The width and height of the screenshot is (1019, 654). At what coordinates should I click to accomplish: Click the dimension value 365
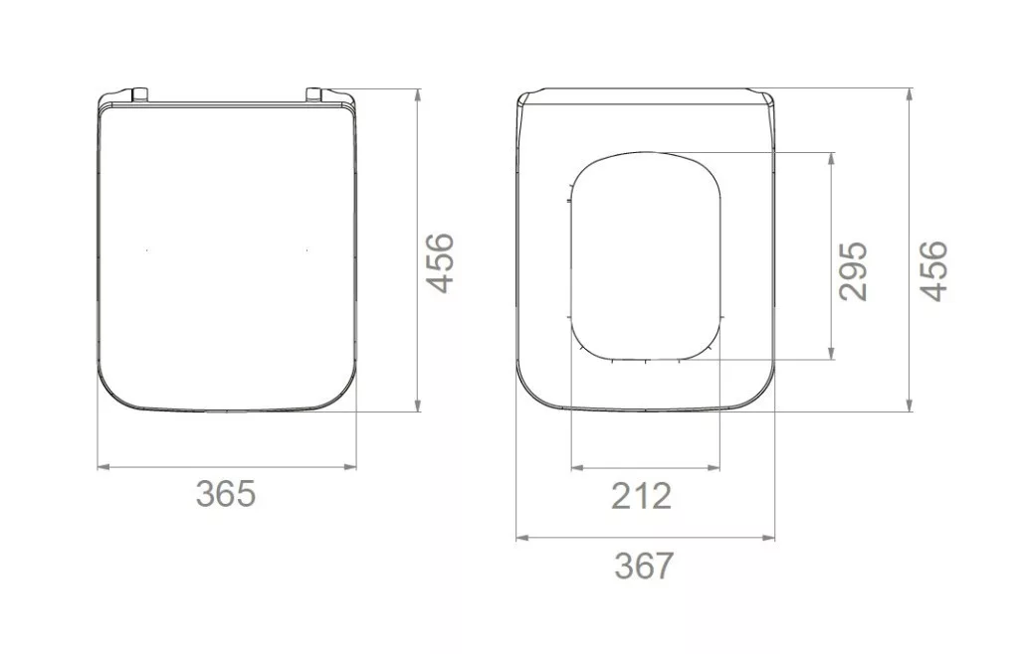point(226,494)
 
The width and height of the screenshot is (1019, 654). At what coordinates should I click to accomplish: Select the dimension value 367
point(644,566)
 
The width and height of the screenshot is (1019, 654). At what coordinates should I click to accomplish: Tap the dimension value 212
point(641,496)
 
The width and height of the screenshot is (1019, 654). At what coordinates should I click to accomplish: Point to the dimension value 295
point(853,271)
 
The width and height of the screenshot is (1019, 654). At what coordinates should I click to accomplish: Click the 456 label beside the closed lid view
point(439,262)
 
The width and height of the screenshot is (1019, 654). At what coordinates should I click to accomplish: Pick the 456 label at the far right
point(934,270)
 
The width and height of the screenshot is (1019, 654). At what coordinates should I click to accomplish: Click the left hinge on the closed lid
point(139,94)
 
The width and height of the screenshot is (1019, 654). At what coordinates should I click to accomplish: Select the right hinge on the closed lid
point(314,94)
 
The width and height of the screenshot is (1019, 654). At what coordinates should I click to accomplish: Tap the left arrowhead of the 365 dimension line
point(102,466)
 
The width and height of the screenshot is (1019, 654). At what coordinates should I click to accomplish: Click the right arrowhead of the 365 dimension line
point(351,466)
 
